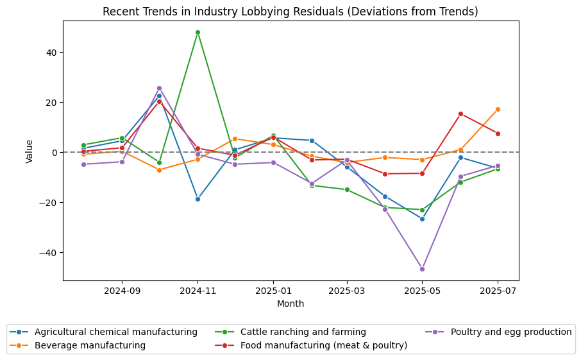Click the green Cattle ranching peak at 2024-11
[198, 32]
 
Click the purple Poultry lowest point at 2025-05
[422, 269]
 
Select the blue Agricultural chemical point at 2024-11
[198, 199]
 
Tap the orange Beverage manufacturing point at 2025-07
[498, 109]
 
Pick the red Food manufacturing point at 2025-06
[460, 114]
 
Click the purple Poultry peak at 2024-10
[159, 88]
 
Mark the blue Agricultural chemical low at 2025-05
[422, 219]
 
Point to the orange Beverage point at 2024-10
[159, 170]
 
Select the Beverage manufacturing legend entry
[90, 345]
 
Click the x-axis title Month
[290, 304]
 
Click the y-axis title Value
[29, 151]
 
